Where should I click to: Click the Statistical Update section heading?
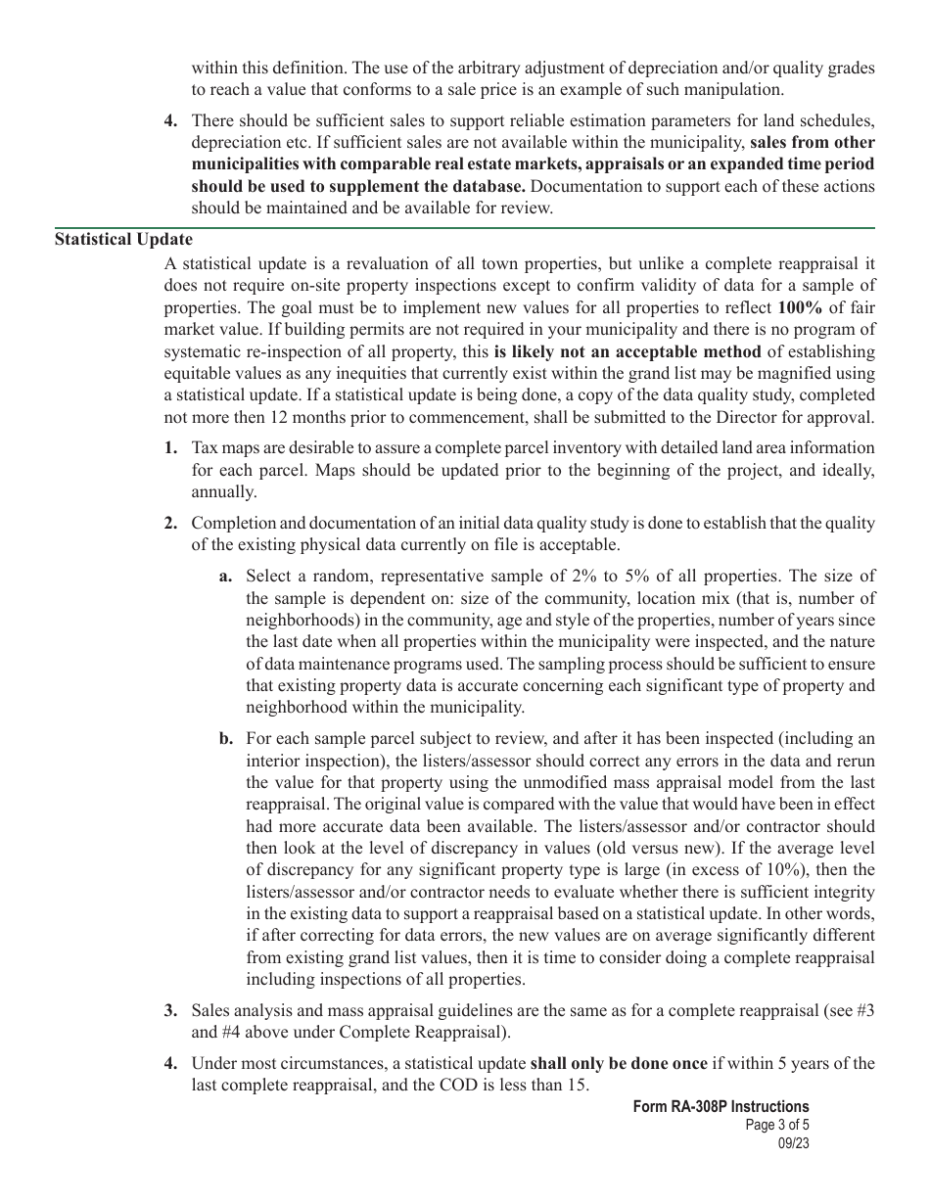tap(123, 239)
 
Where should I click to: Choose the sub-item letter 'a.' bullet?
tap(225, 576)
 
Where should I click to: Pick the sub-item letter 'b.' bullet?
tap(225, 739)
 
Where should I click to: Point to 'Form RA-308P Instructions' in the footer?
tap(721, 1107)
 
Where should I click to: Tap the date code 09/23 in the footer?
tap(794, 1142)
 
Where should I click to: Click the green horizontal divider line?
tap(464, 227)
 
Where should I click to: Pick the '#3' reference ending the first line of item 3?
tap(863, 1009)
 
